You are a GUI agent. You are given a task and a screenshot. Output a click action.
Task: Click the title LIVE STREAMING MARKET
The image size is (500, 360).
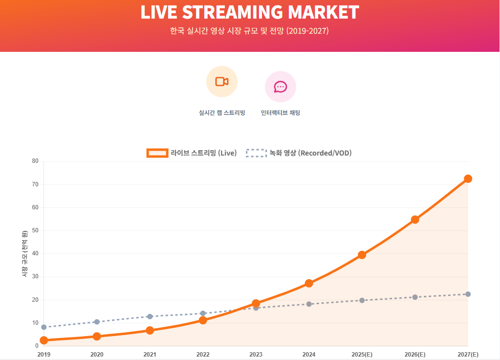coord(250,13)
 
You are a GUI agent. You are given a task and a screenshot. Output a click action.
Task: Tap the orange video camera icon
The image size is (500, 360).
coord(222,82)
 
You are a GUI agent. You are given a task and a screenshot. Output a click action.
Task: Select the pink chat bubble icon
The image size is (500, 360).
coord(281,87)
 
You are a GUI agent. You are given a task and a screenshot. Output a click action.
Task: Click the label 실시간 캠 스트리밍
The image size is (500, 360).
coord(222,113)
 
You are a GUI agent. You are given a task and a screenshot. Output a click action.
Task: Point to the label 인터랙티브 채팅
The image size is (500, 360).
coord(281,113)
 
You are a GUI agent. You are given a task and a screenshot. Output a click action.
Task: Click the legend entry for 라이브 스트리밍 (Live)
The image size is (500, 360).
coord(192,153)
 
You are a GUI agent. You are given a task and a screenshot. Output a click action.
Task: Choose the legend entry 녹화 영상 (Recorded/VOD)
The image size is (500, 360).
coord(299,153)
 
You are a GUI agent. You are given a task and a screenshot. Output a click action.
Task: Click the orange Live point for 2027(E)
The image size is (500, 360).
coord(468,179)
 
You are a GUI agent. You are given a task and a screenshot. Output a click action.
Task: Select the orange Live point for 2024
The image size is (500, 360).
coord(309,283)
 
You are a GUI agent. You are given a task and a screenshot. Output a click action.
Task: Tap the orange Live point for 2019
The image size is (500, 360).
coord(44,340)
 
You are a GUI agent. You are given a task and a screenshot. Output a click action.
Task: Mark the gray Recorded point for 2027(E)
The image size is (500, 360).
coord(468,294)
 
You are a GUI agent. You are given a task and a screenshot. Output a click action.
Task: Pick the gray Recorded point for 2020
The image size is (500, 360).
coord(97,322)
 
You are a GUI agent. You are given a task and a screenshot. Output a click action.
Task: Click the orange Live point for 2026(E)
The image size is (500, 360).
coord(415,220)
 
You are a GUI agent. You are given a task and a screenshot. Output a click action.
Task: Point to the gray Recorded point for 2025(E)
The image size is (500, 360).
coord(362,300)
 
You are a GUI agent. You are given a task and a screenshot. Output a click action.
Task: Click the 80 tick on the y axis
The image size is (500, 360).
coord(35,161)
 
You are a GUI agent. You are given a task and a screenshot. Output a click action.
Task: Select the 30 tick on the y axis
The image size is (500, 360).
coord(35,277)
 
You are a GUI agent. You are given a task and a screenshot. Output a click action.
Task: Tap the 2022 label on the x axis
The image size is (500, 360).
coord(203,355)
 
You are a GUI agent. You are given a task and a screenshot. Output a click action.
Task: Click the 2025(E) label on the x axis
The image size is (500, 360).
coord(362,355)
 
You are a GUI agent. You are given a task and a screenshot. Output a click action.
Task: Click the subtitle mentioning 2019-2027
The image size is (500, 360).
coord(249,31)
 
